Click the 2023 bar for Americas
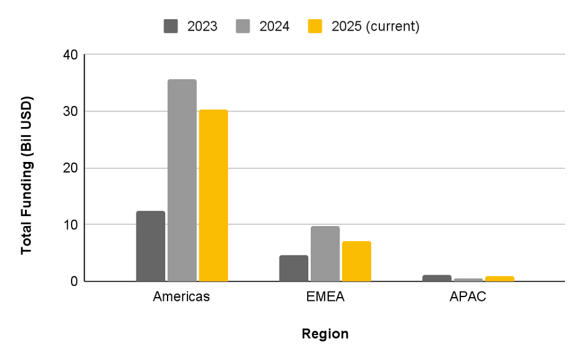click(x=151, y=246)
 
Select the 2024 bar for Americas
click(x=182, y=181)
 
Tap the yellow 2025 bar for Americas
click(x=213, y=196)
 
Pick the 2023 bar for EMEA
click(x=293, y=268)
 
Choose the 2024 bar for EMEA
click(x=325, y=253)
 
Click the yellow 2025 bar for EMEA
click(x=356, y=261)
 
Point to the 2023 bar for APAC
click(x=437, y=278)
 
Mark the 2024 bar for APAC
click(x=468, y=280)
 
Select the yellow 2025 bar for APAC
click(x=500, y=278)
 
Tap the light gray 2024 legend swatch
click(x=243, y=26)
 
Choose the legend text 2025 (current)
click(x=376, y=26)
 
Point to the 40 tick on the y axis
click(x=70, y=55)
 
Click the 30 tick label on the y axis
click(x=70, y=111)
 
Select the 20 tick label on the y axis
click(x=70, y=168)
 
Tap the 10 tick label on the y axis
click(x=70, y=224)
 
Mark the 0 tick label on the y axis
click(x=74, y=281)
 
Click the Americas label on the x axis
click(x=181, y=297)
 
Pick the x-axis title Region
click(x=325, y=334)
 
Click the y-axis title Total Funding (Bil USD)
click(x=26, y=175)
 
